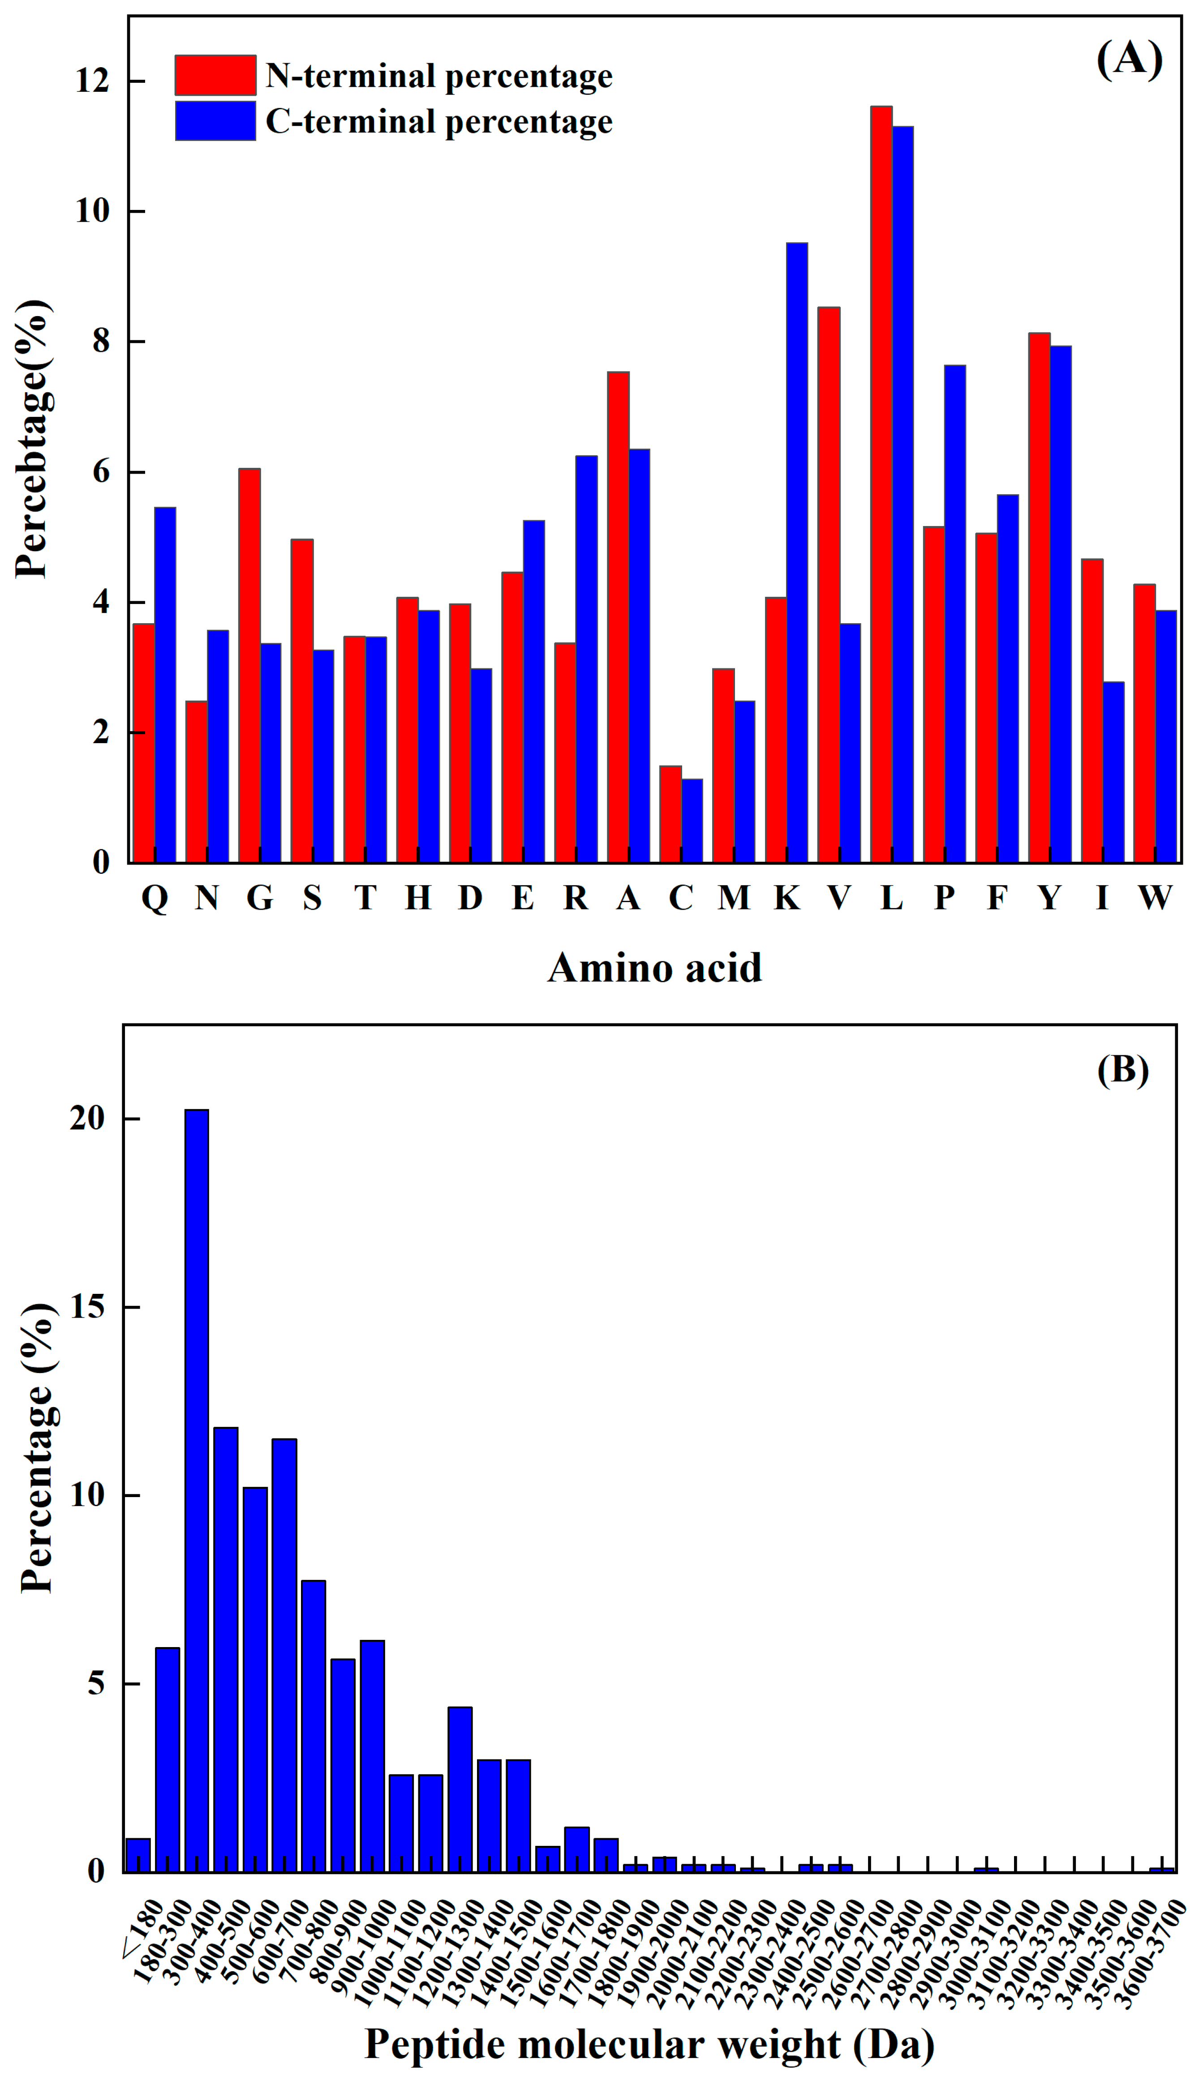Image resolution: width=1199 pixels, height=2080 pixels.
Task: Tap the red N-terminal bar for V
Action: (829, 584)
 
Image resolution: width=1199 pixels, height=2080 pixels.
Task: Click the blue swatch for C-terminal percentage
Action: (215, 121)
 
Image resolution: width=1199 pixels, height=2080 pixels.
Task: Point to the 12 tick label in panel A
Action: (92, 81)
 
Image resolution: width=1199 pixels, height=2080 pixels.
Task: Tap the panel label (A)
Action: (1129, 59)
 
